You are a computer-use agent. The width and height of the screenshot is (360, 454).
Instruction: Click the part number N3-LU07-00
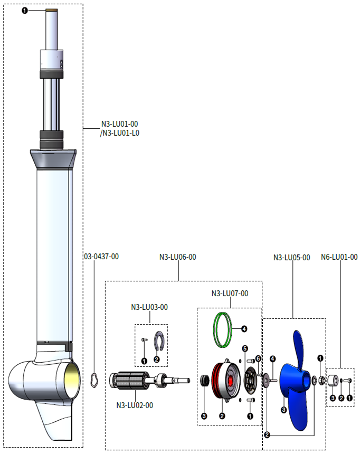click(x=230, y=294)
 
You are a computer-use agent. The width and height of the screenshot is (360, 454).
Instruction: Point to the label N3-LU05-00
click(x=291, y=258)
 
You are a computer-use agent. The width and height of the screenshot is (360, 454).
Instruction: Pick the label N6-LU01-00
click(x=339, y=258)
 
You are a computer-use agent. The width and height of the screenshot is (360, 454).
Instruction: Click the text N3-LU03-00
click(x=149, y=307)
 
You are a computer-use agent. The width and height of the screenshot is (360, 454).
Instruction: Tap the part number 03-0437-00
click(x=101, y=257)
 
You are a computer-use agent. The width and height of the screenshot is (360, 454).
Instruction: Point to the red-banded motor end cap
click(x=224, y=381)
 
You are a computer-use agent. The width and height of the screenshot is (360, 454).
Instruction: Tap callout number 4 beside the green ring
click(x=244, y=328)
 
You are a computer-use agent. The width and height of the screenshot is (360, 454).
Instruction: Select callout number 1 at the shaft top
click(x=25, y=11)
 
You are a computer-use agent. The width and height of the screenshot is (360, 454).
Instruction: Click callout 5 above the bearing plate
click(x=245, y=348)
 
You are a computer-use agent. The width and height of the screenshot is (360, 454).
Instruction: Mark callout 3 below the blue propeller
click(x=284, y=409)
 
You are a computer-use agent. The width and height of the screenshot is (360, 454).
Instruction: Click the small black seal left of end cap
click(x=204, y=380)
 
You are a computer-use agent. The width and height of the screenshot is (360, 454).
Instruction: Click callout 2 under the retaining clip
click(x=157, y=360)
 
